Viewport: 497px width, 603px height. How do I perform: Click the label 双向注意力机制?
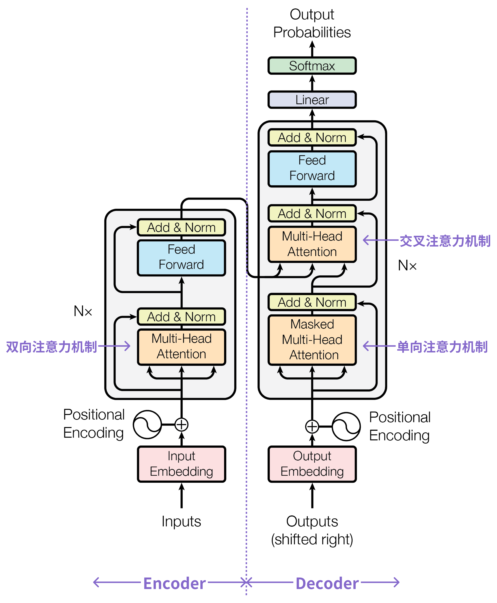pos(51,347)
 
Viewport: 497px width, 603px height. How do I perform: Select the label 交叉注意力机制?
pos(445,241)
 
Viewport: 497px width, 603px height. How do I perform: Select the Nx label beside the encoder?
pos(83,311)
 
